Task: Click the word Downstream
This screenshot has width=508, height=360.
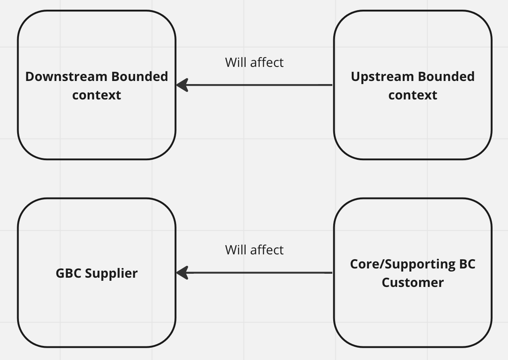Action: tap(66, 77)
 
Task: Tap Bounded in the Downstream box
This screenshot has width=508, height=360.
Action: tap(140, 77)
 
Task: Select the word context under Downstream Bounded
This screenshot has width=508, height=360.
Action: tap(96, 95)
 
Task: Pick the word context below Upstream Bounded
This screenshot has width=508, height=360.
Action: tap(412, 95)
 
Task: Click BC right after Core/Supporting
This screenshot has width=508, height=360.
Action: tap(467, 264)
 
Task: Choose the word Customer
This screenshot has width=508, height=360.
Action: tap(412, 283)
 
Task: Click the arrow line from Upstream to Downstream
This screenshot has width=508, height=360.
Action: tap(260, 85)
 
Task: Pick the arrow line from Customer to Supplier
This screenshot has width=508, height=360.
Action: tap(260, 273)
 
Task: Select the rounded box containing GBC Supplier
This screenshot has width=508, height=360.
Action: tap(96, 317)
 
